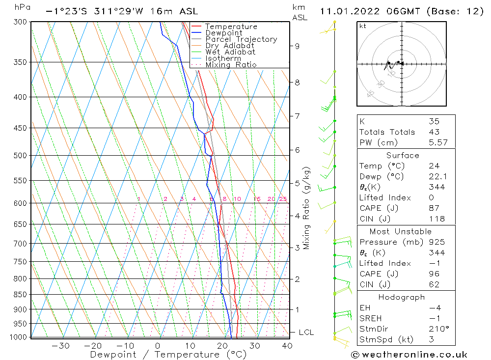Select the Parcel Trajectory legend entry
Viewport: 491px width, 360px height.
(x=241, y=39)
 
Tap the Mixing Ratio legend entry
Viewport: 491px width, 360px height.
(x=231, y=65)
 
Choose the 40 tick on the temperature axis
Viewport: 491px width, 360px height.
(x=287, y=346)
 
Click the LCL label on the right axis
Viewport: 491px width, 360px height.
(x=306, y=332)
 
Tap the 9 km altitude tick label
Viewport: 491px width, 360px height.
(x=297, y=46)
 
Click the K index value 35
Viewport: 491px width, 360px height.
(x=434, y=121)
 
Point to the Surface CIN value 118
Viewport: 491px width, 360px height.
(x=436, y=219)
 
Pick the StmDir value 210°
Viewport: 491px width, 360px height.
(x=436, y=329)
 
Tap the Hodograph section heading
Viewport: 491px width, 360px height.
(x=402, y=297)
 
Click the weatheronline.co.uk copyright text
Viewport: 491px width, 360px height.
(x=409, y=355)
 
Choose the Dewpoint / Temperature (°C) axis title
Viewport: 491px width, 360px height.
(x=168, y=355)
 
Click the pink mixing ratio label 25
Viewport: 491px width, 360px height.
(x=283, y=199)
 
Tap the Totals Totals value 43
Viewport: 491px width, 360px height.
(x=434, y=132)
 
